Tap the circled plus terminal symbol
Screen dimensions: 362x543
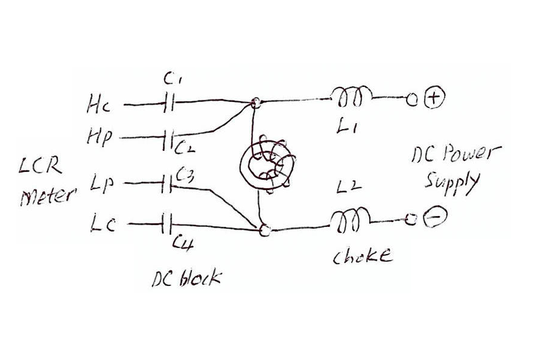[x=433, y=99]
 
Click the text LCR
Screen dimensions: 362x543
[x=39, y=167]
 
